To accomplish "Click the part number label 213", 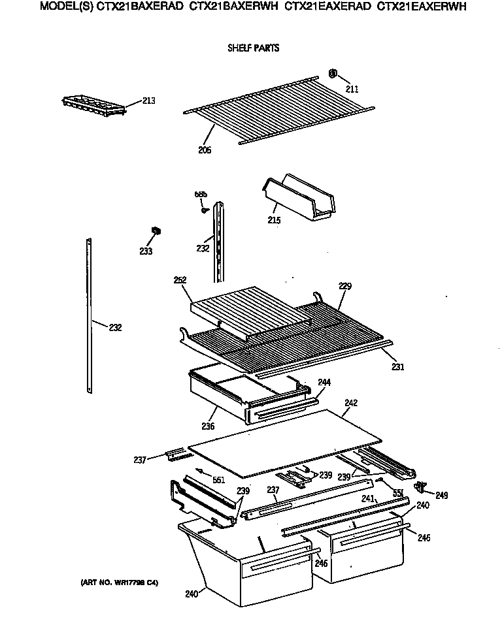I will (x=149, y=101).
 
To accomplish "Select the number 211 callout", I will (x=352, y=89).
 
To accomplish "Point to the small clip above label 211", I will (x=332, y=73).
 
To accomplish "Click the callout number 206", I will (x=205, y=150).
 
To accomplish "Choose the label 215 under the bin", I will (x=274, y=221).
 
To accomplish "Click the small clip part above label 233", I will (x=156, y=230).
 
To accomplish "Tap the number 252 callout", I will (x=180, y=280).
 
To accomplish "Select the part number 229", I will (x=345, y=286).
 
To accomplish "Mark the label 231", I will (x=397, y=367).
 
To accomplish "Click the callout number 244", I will (x=324, y=382).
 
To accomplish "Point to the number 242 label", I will (x=351, y=403).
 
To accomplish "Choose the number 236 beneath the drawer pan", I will (x=208, y=426).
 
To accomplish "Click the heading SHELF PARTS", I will (x=253, y=48).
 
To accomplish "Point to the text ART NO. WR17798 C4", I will (x=119, y=582).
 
